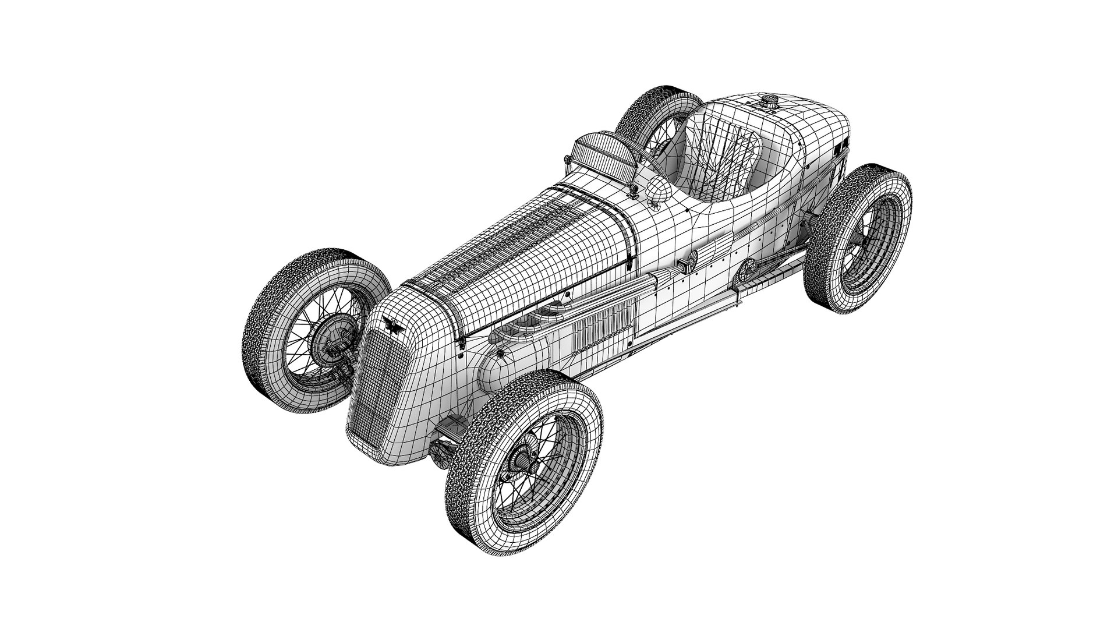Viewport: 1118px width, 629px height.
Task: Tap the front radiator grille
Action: [x=370, y=384]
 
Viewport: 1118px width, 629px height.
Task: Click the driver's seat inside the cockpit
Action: [x=722, y=157]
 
